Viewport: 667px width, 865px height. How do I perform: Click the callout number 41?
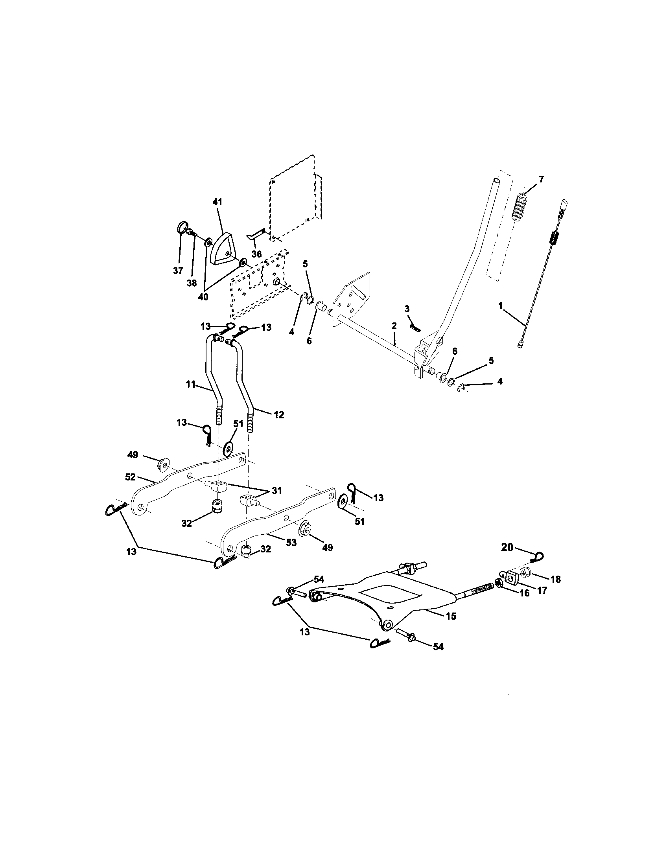click(x=217, y=202)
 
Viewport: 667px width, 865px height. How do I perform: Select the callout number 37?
click(x=178, y=271)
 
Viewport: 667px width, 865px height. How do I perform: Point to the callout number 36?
click(x=257, y=254)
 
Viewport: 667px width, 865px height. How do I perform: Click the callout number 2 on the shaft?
click(x=394, y=326)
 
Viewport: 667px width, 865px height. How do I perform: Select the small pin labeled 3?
click(x=415, y=329)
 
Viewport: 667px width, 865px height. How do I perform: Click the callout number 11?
click(x=191, y=385)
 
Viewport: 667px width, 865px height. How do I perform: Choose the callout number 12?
click(x=279, y=415)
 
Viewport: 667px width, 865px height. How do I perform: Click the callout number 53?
click(x=291, y=542)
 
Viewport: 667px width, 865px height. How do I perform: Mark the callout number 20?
click(x=507, y=547)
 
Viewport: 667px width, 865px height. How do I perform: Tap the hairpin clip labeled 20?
click(x=538, y=557)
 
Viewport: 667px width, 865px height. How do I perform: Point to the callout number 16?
click(x=524, y=593)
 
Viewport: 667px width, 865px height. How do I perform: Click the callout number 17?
click(x=542, y=590)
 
